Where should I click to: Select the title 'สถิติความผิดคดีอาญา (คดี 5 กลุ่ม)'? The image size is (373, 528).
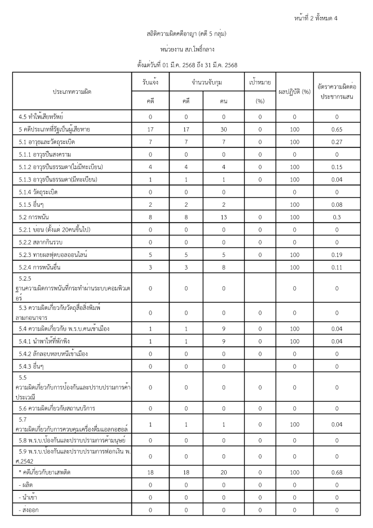(186, 34)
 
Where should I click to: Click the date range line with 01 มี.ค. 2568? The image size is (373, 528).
(186, 65)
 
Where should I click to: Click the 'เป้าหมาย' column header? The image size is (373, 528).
(260, 82)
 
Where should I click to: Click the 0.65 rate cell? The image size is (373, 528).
(336, 129)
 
